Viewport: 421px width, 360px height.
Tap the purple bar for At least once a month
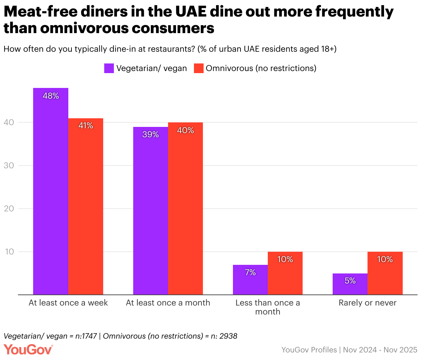coord(150,211)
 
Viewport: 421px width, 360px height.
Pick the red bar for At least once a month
coord(185,209)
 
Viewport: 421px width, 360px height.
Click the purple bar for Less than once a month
coord(250,280)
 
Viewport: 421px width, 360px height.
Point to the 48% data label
coord(51,96)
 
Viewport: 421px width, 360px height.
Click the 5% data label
coord(350,281)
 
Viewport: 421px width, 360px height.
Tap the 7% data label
coord(250,272)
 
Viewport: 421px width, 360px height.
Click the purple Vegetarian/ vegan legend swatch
coord(109,68)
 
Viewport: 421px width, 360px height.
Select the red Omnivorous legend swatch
coord(198,68)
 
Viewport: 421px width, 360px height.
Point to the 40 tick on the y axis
coord(9,122)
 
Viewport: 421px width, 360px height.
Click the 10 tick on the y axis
coord(9,252)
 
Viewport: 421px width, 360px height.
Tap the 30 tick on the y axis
coord(9,166)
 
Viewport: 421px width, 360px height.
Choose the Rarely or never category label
coord(368,303)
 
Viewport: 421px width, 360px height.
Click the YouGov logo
coord(28,349)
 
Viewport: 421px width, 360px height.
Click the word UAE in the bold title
coord(190,12)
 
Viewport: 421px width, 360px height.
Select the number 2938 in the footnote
coord(228,336)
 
